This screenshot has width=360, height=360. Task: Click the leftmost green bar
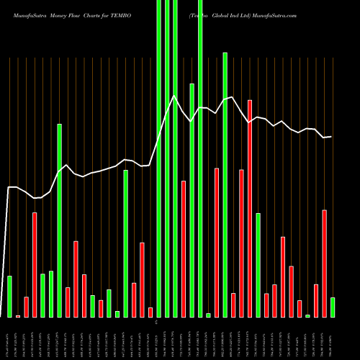(x=9, y=296)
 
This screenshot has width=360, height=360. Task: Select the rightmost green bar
(x=333, y=307)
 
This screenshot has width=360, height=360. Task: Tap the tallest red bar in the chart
(x=250, y=208)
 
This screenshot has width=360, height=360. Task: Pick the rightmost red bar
(x=325, y=264)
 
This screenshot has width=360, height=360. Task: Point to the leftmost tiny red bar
(x=18, y=316)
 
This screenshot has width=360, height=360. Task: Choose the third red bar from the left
(x=35, y=264)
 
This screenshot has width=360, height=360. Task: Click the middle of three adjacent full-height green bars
(x=167, y=158)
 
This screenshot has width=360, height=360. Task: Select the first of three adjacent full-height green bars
(x=159, y=158)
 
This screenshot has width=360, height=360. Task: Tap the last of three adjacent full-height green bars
(x=176, y=158)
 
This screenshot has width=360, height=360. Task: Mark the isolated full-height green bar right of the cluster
(x=200, y=158)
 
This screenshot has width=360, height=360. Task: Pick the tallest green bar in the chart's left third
(x=60, y=220)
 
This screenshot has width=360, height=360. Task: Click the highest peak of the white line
(x=174, y=95)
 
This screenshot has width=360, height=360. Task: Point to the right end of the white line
(x=332, y=137)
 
